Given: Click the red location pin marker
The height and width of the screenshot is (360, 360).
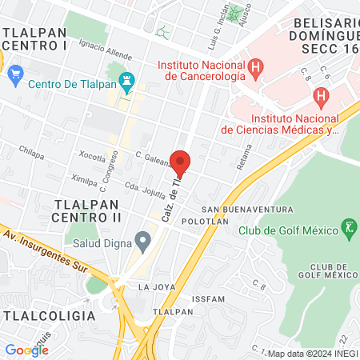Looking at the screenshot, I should (182, 163).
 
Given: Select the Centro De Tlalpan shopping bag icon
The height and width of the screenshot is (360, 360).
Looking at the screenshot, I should (16, 76).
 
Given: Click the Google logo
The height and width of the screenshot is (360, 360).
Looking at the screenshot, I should (26, 350).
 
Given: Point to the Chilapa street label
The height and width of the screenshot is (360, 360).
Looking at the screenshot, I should (31, 150).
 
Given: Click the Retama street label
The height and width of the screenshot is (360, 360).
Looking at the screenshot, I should (246, 158).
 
